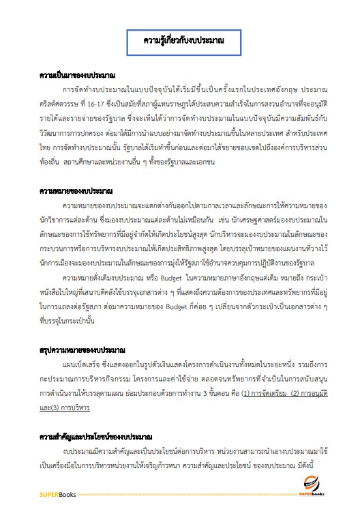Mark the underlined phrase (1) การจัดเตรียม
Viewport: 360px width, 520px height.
pos(251,394)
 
